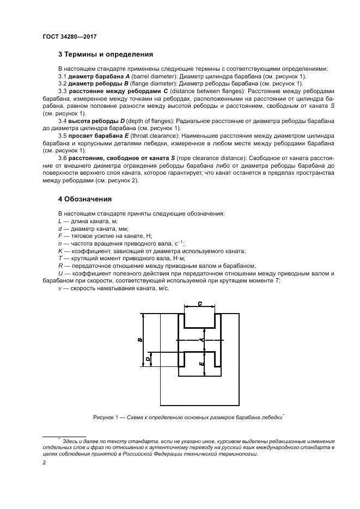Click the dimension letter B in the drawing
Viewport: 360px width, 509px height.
[x=140, y=340]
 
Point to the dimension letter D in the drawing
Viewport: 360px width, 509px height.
[x=148, y=359]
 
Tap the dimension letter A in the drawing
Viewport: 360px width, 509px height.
[x=202, y=340]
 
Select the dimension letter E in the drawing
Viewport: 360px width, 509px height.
[x=202, y=363]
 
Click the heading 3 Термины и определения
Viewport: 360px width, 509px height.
[x=105, y=54]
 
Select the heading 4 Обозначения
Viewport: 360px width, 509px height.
[x=84, y=199]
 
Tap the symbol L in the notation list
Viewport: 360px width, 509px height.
[x=59, y=221]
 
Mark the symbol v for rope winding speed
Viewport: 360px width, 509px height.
[x=59, y=288]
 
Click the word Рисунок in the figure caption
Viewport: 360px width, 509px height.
[x=105, y=417]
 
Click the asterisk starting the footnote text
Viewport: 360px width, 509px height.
[x=59, y=437]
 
